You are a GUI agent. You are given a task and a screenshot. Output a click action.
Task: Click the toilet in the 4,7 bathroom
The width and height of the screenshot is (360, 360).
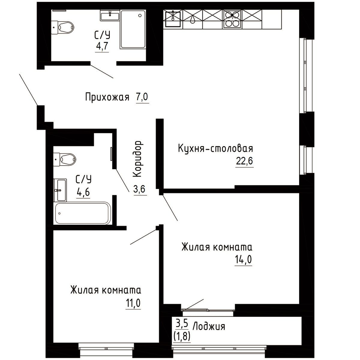62,27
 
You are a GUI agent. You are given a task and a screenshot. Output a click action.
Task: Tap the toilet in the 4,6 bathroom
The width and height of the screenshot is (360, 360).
64,159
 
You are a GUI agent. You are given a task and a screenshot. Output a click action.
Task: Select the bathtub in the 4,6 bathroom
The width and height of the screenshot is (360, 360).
82,213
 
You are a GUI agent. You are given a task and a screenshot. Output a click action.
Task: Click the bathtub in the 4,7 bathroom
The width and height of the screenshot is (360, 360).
133,30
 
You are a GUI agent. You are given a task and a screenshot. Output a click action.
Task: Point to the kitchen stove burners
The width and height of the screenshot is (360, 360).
232,19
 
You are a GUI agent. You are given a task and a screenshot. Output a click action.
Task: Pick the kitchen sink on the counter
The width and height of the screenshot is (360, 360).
173,19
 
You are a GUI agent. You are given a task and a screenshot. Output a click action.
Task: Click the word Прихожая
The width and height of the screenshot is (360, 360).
107,97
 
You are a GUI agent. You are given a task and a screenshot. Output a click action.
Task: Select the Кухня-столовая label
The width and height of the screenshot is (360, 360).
216,149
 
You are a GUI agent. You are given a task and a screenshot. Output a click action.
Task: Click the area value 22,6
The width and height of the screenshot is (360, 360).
244,161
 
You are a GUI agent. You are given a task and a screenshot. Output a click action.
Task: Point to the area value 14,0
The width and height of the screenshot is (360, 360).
243,260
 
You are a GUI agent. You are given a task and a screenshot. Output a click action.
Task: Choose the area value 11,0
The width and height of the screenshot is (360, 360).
133,303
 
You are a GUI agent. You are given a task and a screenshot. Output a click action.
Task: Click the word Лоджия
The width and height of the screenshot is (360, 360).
209,326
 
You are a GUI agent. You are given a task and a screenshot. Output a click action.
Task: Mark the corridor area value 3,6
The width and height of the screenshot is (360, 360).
139,189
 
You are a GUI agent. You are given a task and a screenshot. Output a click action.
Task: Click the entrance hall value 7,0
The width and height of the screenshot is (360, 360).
142,97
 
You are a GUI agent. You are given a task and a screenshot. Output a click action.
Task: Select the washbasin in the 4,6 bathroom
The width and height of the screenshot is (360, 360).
60,190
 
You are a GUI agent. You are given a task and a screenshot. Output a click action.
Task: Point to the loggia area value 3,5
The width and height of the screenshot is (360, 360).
182,324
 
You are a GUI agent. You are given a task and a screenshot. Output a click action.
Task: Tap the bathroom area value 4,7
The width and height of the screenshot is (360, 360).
102,46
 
